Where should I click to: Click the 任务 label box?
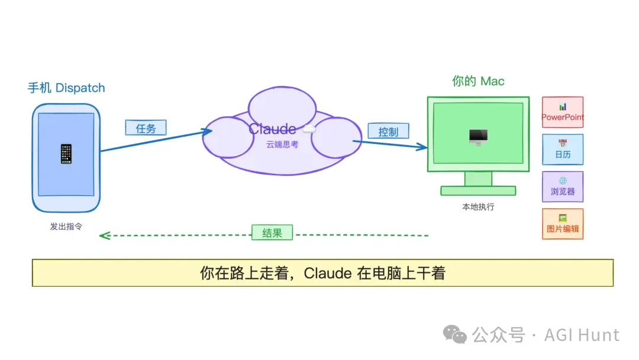click(x=146, y=128)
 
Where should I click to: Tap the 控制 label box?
click(x=388, y=131)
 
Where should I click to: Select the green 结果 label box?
click(x=272, y=233)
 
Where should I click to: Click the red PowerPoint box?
click(x=563, y=112)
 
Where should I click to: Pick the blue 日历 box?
click(x=563, y=150)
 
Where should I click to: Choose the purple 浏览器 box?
click(x=563, y=187)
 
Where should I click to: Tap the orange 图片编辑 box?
click(x=563, y=224)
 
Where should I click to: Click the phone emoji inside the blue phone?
click(x=66, y=154)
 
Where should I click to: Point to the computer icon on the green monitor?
click(x=478, y=137)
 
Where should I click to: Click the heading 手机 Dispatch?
click(x=66, y=88)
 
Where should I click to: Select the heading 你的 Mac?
click(x=478, y=81)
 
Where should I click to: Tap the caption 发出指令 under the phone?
click(x=66, y=226)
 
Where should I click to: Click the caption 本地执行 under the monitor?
click(x=478, y=207)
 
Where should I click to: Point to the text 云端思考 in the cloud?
click(x=282, y=144)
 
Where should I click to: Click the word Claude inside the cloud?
click(x=272, y=129)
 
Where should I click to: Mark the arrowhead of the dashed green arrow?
click(x=103, y=235)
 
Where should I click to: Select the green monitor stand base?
click(x=478, y=191)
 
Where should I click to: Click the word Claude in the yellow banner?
click(x=329, y=273)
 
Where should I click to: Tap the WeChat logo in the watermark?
click(x=456, y=335)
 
